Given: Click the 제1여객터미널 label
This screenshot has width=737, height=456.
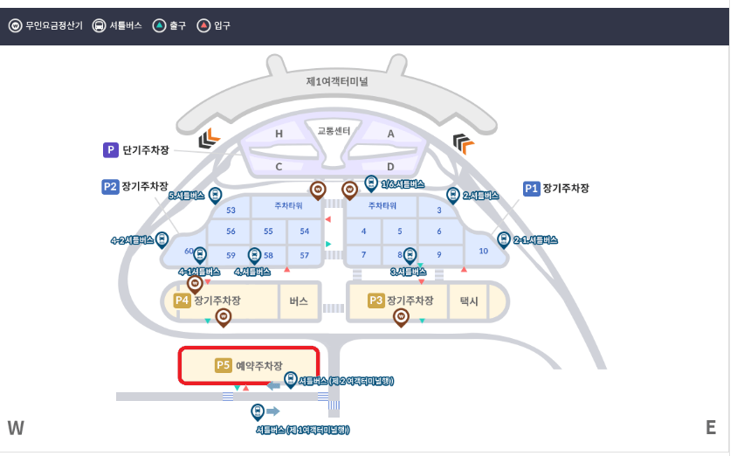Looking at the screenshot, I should [337, 81].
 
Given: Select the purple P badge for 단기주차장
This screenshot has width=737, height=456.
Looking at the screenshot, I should [111, 150].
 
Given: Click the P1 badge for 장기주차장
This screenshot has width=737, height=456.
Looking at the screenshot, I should [531, 188].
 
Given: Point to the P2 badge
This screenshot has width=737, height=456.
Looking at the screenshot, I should [110, 186].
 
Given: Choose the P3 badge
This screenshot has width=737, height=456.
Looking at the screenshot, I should [375, 300].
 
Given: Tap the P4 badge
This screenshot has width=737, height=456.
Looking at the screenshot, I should [182, 300].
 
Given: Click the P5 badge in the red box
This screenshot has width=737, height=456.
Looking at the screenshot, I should [223, 366].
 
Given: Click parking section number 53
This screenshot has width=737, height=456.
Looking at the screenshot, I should [231, 210].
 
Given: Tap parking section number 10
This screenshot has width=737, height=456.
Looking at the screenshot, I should [484, 251].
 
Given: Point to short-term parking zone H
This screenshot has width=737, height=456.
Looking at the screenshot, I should [279, 134].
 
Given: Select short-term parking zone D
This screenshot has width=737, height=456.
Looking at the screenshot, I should [390, 166].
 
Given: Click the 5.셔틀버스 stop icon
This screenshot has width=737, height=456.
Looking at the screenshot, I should [215, 195].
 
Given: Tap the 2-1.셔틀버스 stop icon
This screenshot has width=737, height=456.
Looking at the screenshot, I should [503, 238].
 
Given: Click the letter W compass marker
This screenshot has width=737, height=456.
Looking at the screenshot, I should [16, 427].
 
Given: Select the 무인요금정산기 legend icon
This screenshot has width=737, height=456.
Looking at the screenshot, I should [15, 26].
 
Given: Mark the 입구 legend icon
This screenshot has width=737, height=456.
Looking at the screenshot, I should [203, 26].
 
